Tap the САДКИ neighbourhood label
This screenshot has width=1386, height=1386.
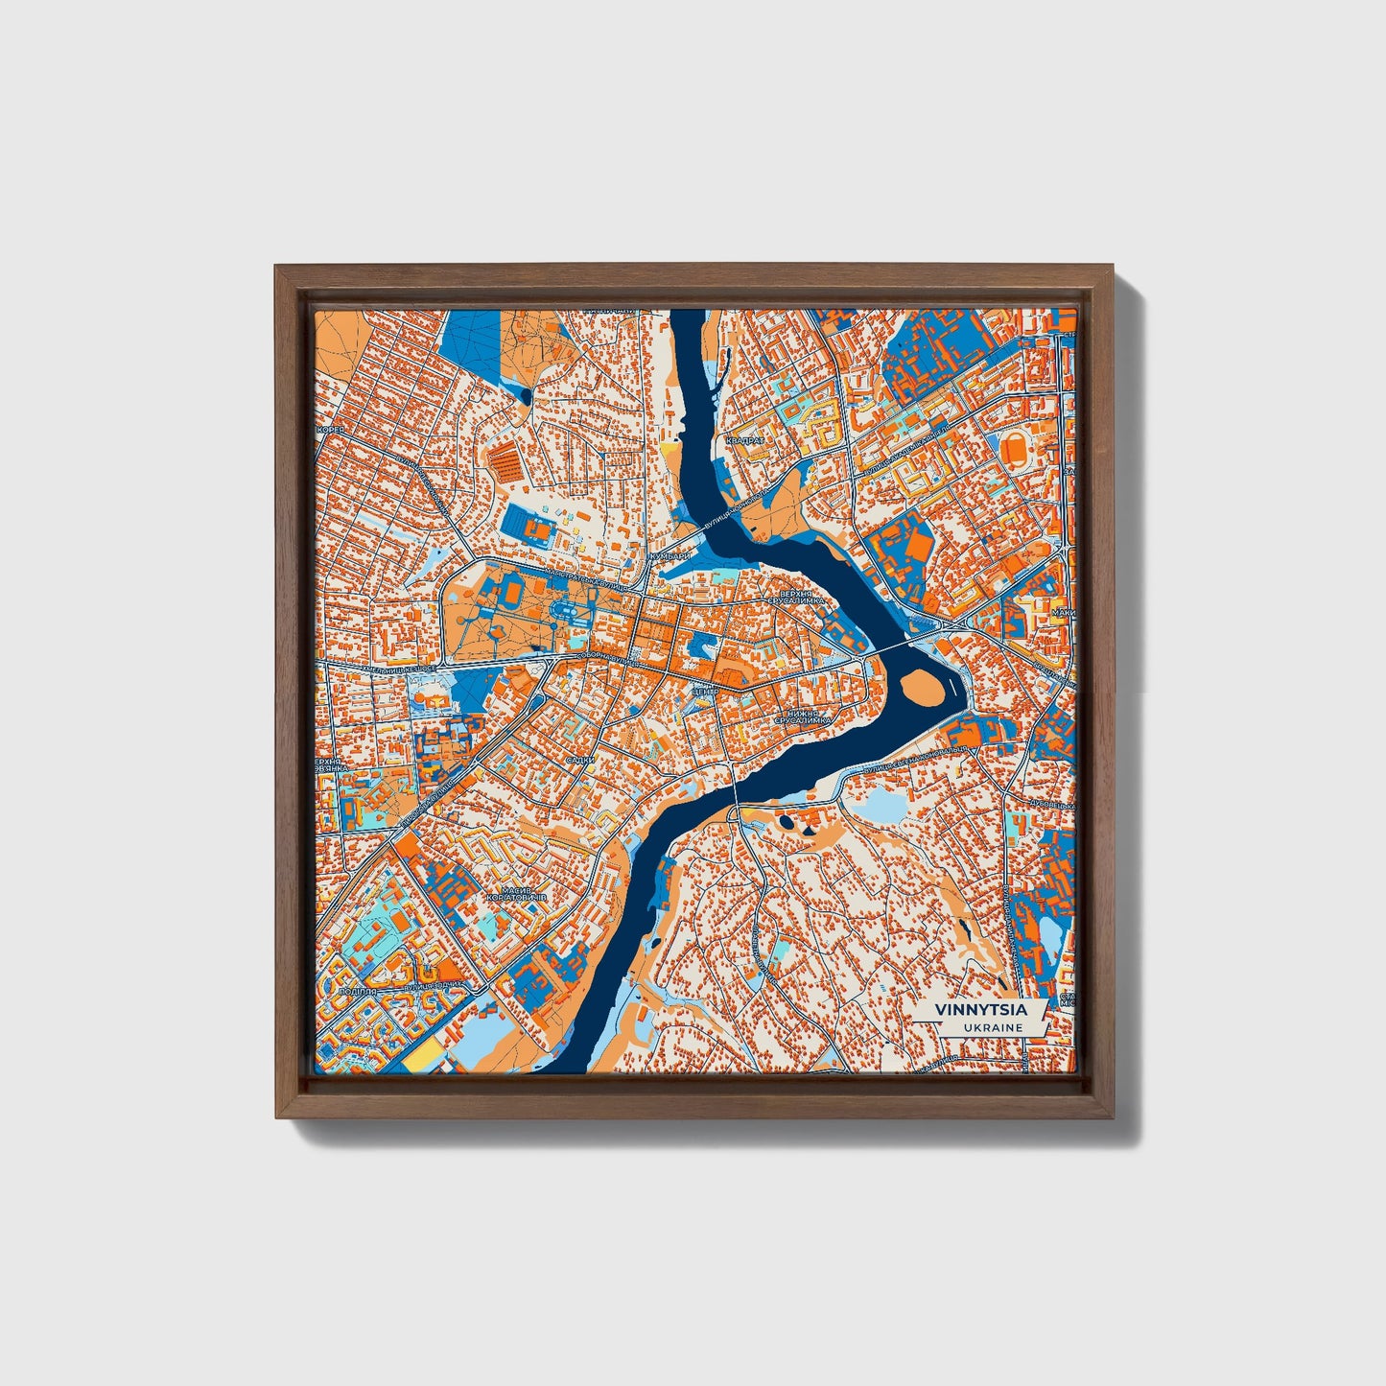coord(579,759)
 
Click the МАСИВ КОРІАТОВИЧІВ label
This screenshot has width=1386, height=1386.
coord(516,892)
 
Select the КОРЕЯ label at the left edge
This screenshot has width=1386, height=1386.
coord(330,431)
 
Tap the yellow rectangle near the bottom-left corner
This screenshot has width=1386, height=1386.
coord(424,1059)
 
